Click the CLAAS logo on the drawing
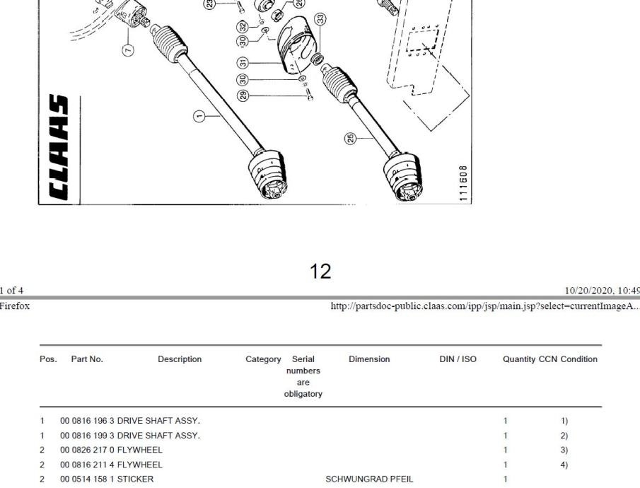(59, 147)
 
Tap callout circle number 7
(128, 50)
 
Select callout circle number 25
(351, 139)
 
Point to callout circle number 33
(320, 19)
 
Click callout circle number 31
(243, 63)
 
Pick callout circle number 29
(243, 96)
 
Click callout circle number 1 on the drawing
(199, 117)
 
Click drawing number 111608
(463, 183)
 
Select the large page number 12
(320, 271)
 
